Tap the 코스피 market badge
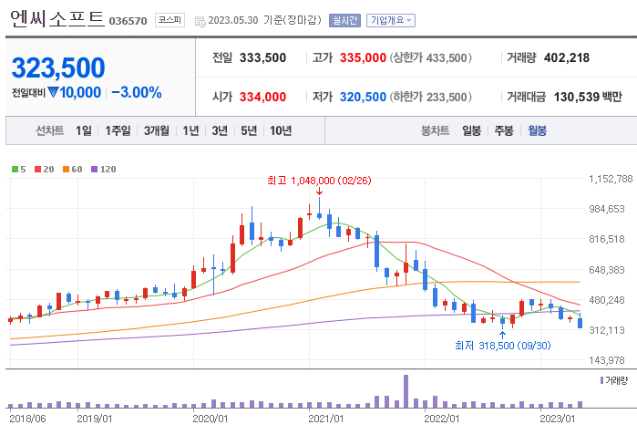[170, 19]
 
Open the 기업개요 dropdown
[390, 19]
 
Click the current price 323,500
[58, 67]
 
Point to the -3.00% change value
[137, 92]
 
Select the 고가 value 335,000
[363, 57]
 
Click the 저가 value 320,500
[363, 97]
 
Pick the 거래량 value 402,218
[566, 57]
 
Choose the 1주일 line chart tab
[118, 130]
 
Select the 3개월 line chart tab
[158, 130]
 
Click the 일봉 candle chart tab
[471, 130]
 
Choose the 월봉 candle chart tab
[537, 130]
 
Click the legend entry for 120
[104, 169]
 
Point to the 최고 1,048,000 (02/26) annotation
[318, 181]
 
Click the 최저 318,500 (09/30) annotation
[503, 345]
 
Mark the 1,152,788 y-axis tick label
[611, 179]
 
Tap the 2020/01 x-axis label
[211, 419]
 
